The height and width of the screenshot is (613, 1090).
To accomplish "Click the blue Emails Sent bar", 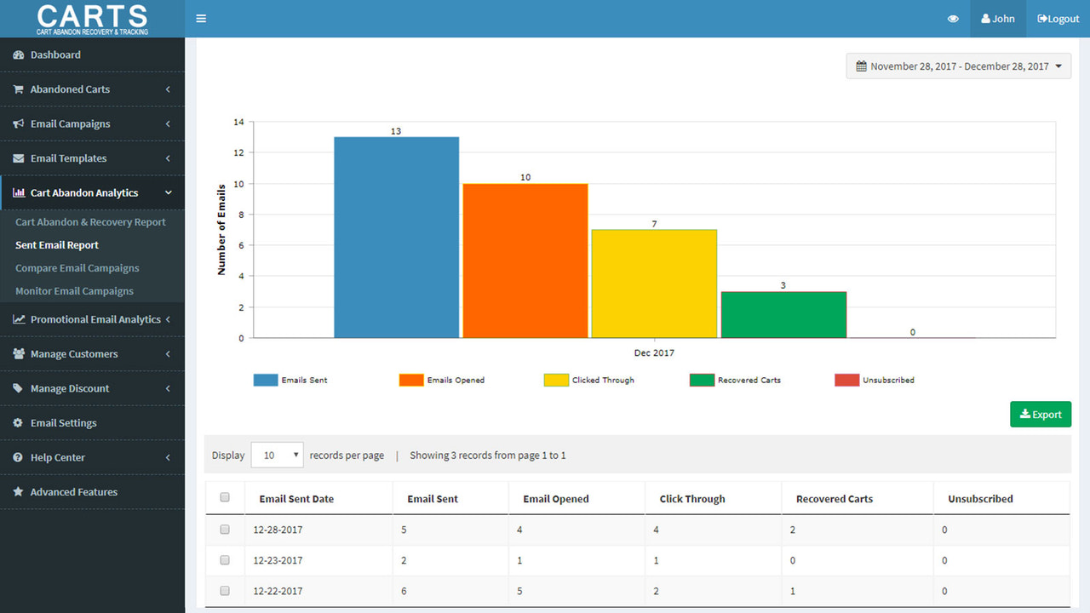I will pyautogui.click(x=396, y=238).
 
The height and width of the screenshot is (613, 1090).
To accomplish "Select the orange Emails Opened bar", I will pyautogui.click(x=525, y=261).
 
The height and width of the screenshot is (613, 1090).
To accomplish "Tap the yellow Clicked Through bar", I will pyautogui.click(x=654, y=284).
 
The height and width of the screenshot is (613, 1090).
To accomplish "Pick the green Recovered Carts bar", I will pyautogui.click(x=783, y=315).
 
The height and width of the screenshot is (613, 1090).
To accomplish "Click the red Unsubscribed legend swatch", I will pyautogui.click(x=846, y=380).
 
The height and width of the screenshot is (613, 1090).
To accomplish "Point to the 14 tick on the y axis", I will pyautogui.click(x=238, y=123).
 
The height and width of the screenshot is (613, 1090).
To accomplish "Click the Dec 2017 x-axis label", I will pyautogui.click(x=654, y=352).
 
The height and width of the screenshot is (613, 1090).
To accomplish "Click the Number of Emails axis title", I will pyautogui.click(x=221, y=229).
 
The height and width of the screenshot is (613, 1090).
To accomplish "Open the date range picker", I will pyautogui.click(x=958, y=66).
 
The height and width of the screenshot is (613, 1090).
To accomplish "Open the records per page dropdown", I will pyautogui.click(x=278, y=455).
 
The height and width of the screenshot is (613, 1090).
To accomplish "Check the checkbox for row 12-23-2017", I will pyautogui.click(x=225, y=560).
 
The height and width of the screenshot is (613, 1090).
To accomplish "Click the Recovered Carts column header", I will pyautogui.click(x=834, y=499).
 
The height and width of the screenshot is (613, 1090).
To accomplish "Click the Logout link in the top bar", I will pyautogui.click(x=1058, y=19).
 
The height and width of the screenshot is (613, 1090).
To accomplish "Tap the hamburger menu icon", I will pyautogui.click(x=201, y=19).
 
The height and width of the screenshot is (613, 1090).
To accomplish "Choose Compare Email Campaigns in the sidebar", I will pyautogui.click(x=77, y=268).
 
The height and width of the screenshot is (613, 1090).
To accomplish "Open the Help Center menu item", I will pyautogui.click(x=58, y=457).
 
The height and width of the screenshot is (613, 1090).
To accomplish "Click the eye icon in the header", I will pyautogui.click(x=953, y=19).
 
